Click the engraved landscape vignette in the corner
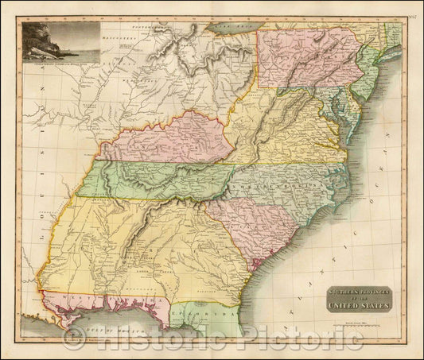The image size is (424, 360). click(60, 41)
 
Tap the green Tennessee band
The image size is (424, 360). click(159, 179)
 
